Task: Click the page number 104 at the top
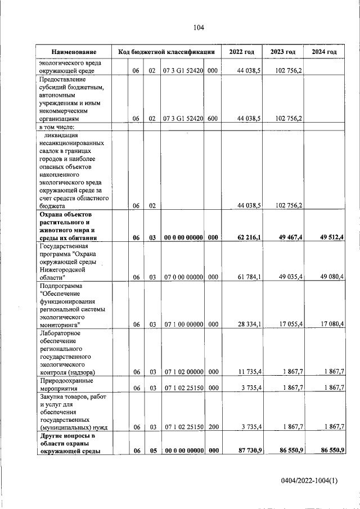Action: pos(198,28)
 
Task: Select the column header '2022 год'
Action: pos(241,52)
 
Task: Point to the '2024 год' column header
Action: pos(324,52)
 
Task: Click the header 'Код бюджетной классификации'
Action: pos(166,52)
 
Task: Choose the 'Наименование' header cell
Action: pos(74,52)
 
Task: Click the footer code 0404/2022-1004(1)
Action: pos(310,480)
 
